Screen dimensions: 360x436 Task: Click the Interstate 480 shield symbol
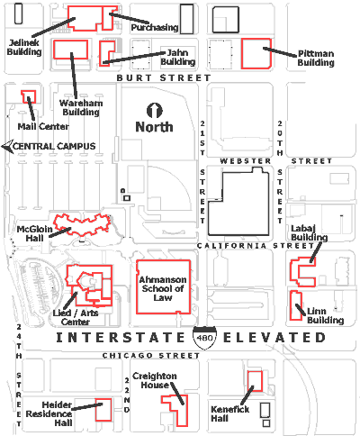205,338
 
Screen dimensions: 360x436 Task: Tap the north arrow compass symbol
155,111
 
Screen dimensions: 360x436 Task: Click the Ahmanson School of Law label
163,288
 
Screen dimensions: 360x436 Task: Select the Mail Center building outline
29,96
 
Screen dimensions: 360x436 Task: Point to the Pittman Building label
316,58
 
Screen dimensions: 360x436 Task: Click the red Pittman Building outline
242,54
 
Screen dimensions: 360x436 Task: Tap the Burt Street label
164,78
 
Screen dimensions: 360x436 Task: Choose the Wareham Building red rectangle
54,50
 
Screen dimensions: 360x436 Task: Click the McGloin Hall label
34,233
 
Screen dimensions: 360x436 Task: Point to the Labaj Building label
309,232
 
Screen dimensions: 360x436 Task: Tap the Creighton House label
155,380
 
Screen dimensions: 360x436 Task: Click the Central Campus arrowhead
7,147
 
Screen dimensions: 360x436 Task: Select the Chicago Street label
151,356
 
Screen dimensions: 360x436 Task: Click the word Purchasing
155,28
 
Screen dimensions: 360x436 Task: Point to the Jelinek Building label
24,48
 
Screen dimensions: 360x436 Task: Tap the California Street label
256,246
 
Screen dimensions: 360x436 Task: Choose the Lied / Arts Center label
76,317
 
